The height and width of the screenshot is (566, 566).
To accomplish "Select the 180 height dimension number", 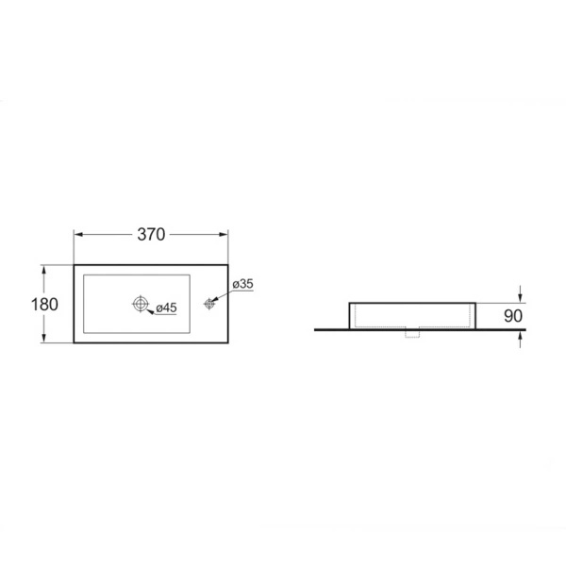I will (43, 304).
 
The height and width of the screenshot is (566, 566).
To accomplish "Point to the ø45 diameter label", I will (166, 308).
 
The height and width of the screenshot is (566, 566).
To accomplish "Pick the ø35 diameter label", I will (241, 283).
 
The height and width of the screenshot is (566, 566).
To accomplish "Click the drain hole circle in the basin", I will (140, 304).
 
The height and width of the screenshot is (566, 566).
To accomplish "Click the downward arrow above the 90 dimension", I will (520, 297).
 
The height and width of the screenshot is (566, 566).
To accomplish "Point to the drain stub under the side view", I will (412, 333).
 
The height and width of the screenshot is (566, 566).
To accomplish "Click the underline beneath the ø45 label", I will (167, 315).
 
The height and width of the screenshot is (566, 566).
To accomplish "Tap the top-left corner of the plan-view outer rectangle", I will (74, 264).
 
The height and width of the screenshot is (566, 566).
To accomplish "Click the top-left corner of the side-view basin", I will (350, 303).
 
